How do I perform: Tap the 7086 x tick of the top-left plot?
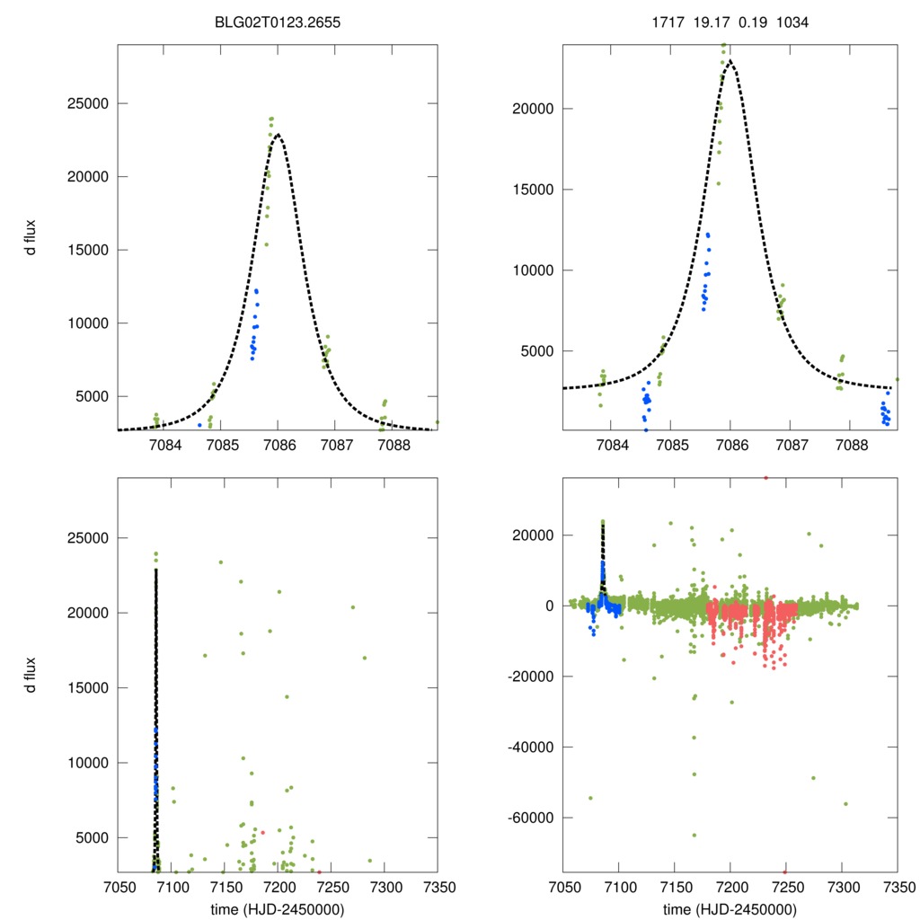(279, 446)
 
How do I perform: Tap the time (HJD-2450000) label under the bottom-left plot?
(279, 909)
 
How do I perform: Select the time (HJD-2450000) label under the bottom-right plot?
(730, 909)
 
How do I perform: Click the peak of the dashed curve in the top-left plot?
(279, 135)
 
